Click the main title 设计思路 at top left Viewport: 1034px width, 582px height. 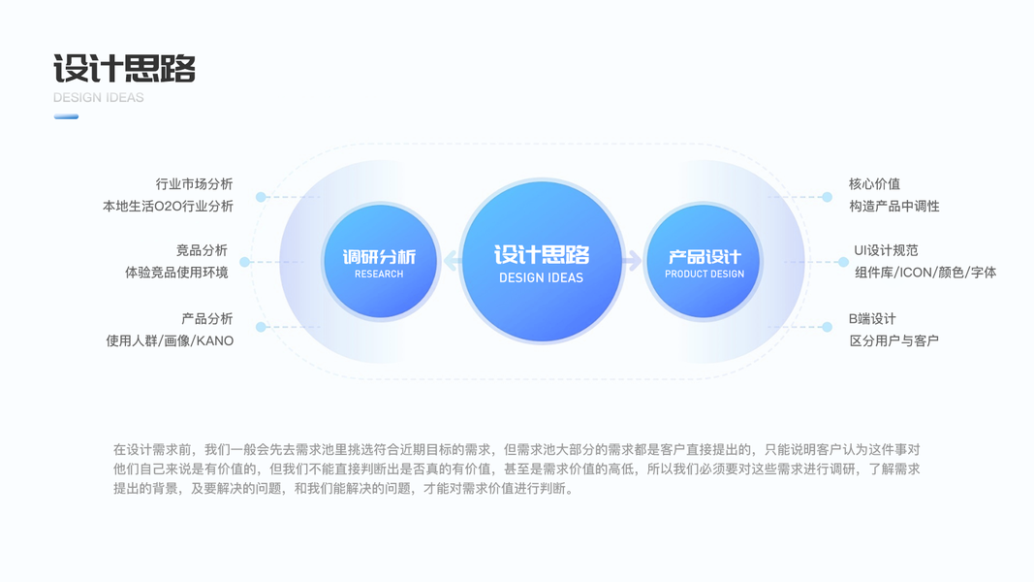point(125,69)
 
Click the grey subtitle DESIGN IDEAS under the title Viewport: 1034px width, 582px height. point(98,98)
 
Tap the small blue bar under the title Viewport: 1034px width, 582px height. point(66,116)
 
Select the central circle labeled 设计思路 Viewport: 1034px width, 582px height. point(541,262)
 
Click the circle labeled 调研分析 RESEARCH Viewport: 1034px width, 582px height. point(379,262)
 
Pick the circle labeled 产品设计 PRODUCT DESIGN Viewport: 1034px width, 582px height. point(705,262)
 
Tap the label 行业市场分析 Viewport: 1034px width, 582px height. point(194,184)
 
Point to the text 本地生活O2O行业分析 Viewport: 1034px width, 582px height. point(168,207)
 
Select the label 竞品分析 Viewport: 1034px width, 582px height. point(202,250)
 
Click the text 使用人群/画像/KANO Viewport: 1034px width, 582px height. point(170,340)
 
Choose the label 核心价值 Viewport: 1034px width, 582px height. point(874,184)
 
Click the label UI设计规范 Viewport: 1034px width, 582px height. point(885,250)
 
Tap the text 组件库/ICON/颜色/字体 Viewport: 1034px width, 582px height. point(924,273)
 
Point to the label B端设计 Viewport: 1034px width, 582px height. point(872,318)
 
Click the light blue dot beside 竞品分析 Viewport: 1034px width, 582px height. point(245,262)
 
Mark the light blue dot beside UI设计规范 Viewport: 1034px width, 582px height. point(843,262)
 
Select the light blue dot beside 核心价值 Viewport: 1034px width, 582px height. point(827,197)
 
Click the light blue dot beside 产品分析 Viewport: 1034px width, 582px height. point(261,328)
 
